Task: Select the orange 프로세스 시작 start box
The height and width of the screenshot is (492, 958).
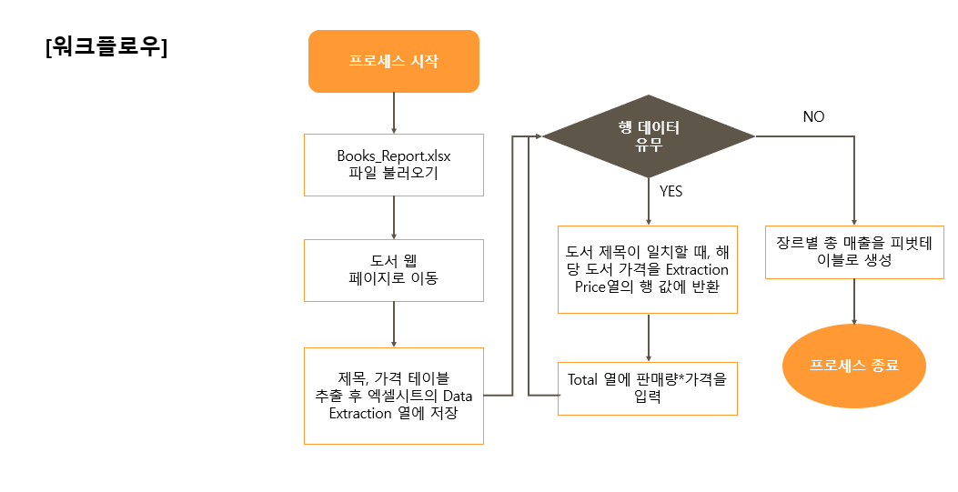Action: coord(393,62)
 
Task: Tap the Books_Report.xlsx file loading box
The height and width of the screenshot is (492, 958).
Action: coord(393,165)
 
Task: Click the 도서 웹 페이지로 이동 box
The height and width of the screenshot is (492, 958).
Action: coord(393,270)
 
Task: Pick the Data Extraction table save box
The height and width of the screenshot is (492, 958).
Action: coord(393,396)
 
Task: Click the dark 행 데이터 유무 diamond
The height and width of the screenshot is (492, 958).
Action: coord(649,136)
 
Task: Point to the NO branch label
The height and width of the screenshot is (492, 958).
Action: coord(813,116)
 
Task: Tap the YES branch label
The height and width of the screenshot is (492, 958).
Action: coord(671,192)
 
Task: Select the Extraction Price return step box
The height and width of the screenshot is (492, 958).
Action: coord(647,269)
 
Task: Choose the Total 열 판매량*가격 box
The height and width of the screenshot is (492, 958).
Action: coord(647,388)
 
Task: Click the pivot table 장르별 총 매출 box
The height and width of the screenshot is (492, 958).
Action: coord(853,252)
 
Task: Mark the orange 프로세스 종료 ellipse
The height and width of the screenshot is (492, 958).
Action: coord(853,366)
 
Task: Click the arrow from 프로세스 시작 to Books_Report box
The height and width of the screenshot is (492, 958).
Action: coord(393,113)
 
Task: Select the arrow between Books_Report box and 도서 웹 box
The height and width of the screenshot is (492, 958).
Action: coord(393,217)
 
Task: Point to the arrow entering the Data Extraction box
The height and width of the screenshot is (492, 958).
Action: coord(393,325)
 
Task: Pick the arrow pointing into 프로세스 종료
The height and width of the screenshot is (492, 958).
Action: coord(853,302)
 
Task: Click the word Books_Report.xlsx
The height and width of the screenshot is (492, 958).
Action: coord(393,156)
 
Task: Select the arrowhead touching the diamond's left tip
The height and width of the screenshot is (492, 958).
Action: coord(549,136)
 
